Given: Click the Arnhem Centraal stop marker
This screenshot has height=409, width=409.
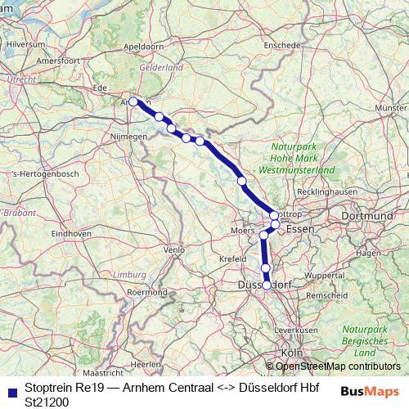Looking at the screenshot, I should coord(133,101).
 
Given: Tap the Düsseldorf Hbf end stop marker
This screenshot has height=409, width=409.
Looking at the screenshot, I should coord(267,285).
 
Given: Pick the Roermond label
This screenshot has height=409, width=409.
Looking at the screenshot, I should coord(148,292).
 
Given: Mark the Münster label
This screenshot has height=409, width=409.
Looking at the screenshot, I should coord(390,108).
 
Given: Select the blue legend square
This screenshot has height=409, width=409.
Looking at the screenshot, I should coord(11,389).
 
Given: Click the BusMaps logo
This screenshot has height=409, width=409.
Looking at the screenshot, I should coord(370,391).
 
